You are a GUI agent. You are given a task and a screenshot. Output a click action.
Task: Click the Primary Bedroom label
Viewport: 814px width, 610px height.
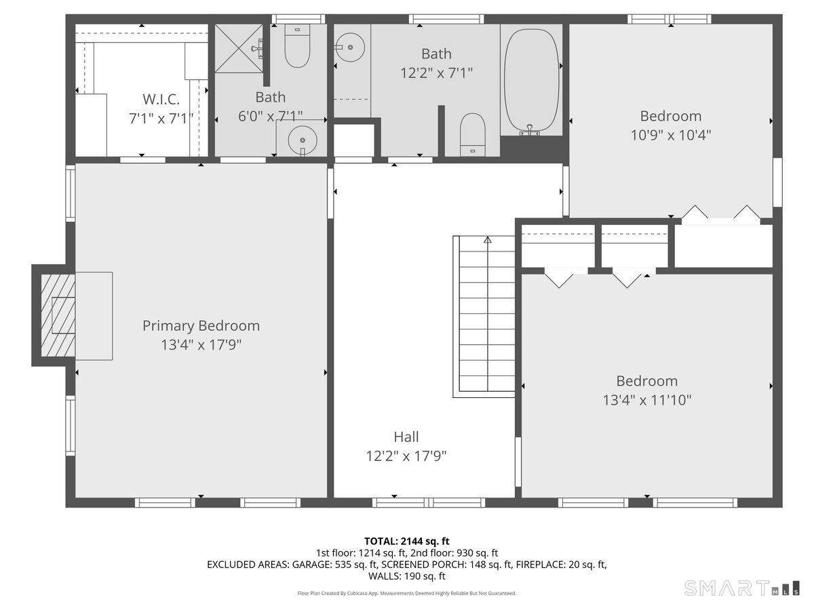click(201, 326)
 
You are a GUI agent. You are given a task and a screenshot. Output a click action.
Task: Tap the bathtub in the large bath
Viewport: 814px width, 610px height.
click(531, 81)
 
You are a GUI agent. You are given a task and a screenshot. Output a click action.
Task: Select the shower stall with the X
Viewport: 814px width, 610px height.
click(239, 49)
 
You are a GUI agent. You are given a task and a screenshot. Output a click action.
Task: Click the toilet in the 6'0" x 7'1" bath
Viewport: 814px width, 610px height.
click(297, 46)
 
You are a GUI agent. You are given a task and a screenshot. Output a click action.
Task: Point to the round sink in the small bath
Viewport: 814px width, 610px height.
click(303, 140)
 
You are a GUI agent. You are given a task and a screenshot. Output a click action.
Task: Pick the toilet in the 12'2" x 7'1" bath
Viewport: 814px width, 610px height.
click(472, 134)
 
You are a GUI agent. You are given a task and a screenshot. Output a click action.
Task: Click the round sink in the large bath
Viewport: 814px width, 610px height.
click(350, 47)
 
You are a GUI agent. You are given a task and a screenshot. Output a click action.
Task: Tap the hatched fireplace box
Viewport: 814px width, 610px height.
click(58, 316)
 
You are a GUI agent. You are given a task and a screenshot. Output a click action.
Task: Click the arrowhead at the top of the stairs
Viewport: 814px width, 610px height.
click(487, 240)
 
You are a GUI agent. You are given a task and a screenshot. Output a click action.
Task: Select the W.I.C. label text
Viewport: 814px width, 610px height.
click(161, 99)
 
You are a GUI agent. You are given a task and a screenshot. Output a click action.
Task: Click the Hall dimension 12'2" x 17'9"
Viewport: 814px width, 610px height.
click(406, 456)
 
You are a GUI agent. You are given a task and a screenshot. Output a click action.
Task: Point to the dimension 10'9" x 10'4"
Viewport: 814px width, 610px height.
click(671, 135)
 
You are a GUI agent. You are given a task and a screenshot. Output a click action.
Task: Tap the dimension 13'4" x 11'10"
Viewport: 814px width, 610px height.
click(647, 400)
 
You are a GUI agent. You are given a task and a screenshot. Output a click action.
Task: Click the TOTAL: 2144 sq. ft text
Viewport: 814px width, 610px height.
click(407, 541)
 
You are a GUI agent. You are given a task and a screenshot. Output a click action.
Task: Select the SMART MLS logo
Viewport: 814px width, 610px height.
click(742, 588)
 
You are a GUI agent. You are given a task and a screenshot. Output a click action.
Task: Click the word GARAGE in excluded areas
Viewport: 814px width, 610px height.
click(312, 565)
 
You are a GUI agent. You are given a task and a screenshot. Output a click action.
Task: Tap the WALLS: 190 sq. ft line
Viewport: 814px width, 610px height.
click(407, 576)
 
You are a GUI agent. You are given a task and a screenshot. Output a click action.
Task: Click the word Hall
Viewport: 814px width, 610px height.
click(406, 437)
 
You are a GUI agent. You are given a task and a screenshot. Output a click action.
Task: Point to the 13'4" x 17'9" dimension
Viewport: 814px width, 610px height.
click(201, 345)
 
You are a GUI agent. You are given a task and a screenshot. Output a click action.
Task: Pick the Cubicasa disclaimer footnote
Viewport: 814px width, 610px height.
click(407, 593)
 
